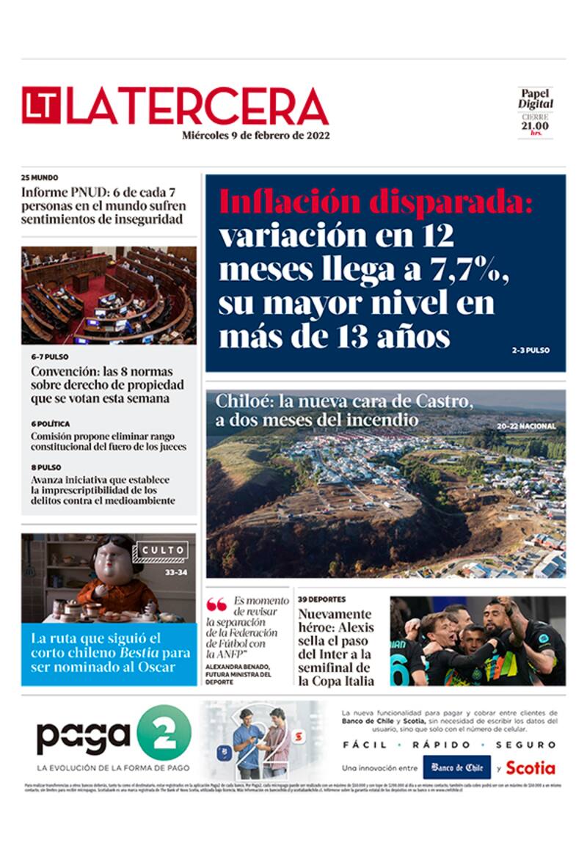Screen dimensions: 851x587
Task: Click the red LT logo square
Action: click(x=41, y=106)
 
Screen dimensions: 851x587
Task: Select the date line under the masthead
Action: click(x=256, y=136)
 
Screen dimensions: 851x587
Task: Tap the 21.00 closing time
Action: click(x=536, y=125)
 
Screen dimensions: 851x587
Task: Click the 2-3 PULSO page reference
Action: click(x=530, y=351)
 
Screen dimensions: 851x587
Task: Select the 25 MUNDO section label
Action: click(x=40, y=178)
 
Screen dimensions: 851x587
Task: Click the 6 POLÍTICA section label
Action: click(x=51, y=424)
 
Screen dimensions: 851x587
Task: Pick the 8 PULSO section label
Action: click(x=46, y=467)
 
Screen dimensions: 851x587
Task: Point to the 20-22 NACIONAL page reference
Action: click(x=525, y=426)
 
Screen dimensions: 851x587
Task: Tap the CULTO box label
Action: click(x=163, y=550)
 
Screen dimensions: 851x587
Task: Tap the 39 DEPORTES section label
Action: click(x=321, y=599)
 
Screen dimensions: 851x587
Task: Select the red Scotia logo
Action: click(x=530, y=768)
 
